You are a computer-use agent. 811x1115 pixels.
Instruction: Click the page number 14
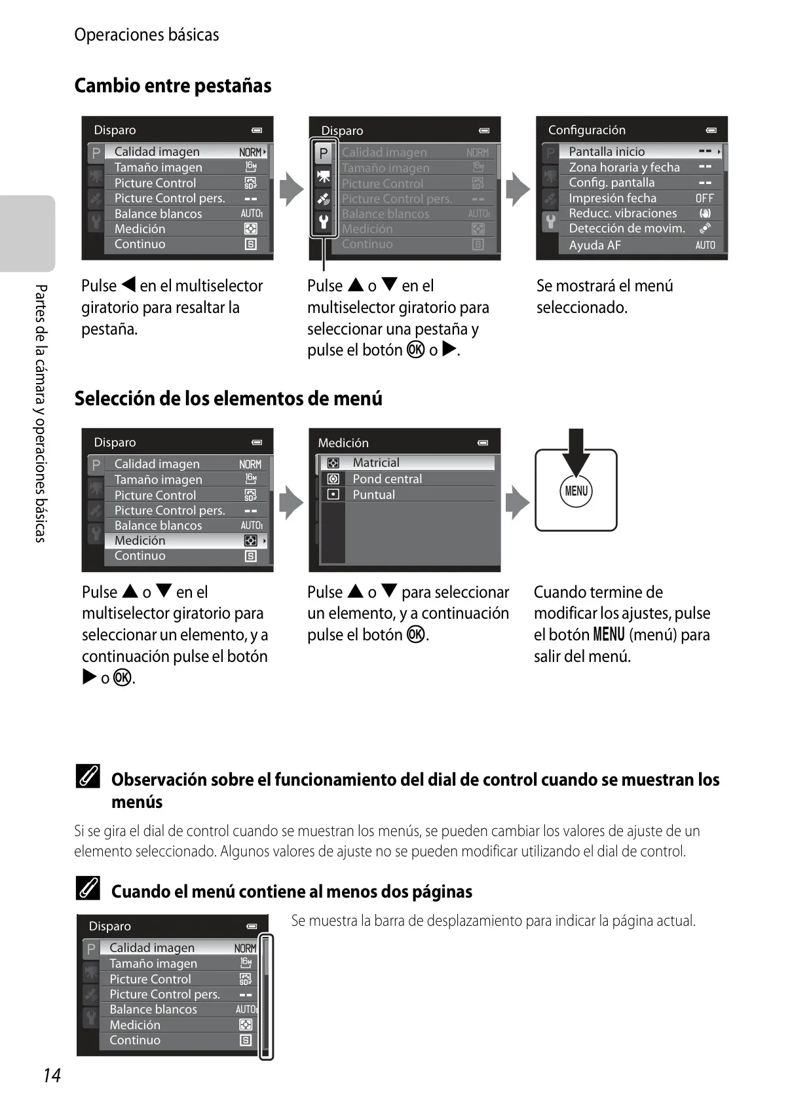click(52, 1075)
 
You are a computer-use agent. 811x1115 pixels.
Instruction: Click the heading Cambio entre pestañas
click(173, 86)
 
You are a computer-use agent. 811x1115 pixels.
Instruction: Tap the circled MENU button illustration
click(576, 491)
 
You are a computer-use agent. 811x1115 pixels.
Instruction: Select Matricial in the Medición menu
click(376, 462)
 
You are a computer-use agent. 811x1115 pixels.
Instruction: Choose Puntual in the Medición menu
click(373, 494)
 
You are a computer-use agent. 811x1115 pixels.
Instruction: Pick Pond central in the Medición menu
click(387, 479)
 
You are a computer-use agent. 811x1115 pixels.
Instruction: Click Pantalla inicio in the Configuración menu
click(607, 151)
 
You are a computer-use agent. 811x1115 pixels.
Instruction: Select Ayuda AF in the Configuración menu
click(595, 245)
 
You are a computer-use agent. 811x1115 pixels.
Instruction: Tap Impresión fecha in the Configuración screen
click(613, 198)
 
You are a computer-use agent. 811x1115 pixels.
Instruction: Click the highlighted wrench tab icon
click(324, 221)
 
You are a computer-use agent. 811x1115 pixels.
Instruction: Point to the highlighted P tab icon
click(324, 153)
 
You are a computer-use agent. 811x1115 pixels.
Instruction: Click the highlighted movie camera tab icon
click(324, 176)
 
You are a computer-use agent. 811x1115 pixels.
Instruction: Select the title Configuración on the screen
click(586, 130)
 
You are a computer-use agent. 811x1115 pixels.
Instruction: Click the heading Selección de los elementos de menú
click(228, 398)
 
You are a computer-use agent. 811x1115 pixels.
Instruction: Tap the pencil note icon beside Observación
click(88, 776)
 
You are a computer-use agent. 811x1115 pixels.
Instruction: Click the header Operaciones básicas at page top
click(147, 35)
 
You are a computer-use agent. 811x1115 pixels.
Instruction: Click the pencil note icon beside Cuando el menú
click(88, 888)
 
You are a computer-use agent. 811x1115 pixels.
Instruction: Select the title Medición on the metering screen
click(343, 443)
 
